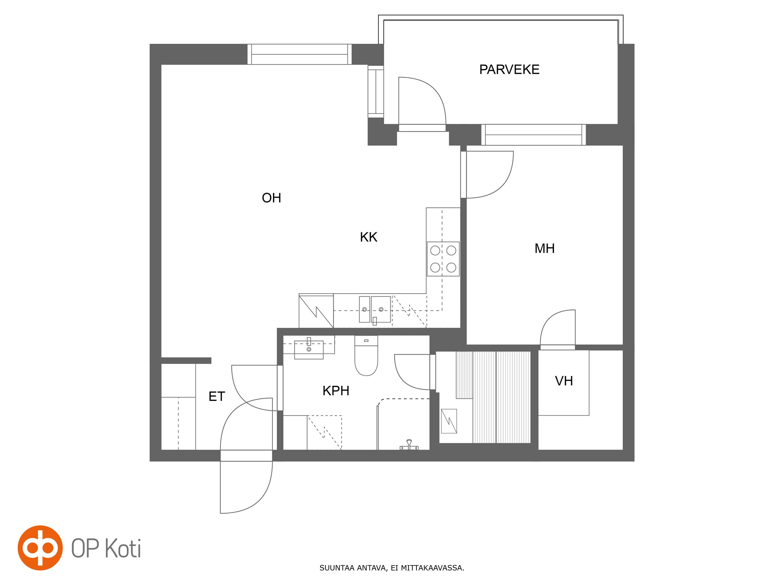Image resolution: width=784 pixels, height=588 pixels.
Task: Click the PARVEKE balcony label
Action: pos(509,69)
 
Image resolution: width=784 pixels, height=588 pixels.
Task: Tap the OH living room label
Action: pos(271,198)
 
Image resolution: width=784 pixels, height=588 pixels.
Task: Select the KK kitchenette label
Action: pos(368,237)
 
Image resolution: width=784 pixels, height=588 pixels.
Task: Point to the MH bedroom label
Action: pos(544,248)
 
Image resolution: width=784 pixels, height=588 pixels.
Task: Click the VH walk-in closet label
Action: pos(564,381)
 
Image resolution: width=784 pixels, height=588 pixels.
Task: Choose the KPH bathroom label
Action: pos(336,391)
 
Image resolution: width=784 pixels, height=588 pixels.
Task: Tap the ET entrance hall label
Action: pos(216,397)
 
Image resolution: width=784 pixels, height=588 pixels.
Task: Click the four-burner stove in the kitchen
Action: pos(443,259)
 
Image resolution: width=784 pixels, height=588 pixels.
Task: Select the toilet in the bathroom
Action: pos(366,355)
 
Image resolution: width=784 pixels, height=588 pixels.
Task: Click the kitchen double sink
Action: pos(375,309)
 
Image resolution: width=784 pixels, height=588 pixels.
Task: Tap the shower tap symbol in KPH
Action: pos(409,445)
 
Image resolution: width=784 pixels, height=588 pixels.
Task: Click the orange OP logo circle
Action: pos(40,548)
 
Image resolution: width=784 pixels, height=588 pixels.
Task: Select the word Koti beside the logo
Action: pos(123,548)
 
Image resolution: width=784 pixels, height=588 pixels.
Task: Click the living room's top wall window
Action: pos(299,54)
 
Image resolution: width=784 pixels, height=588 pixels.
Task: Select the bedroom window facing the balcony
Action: pos(533,135)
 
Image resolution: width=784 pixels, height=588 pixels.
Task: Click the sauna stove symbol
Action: pos(448,421)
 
